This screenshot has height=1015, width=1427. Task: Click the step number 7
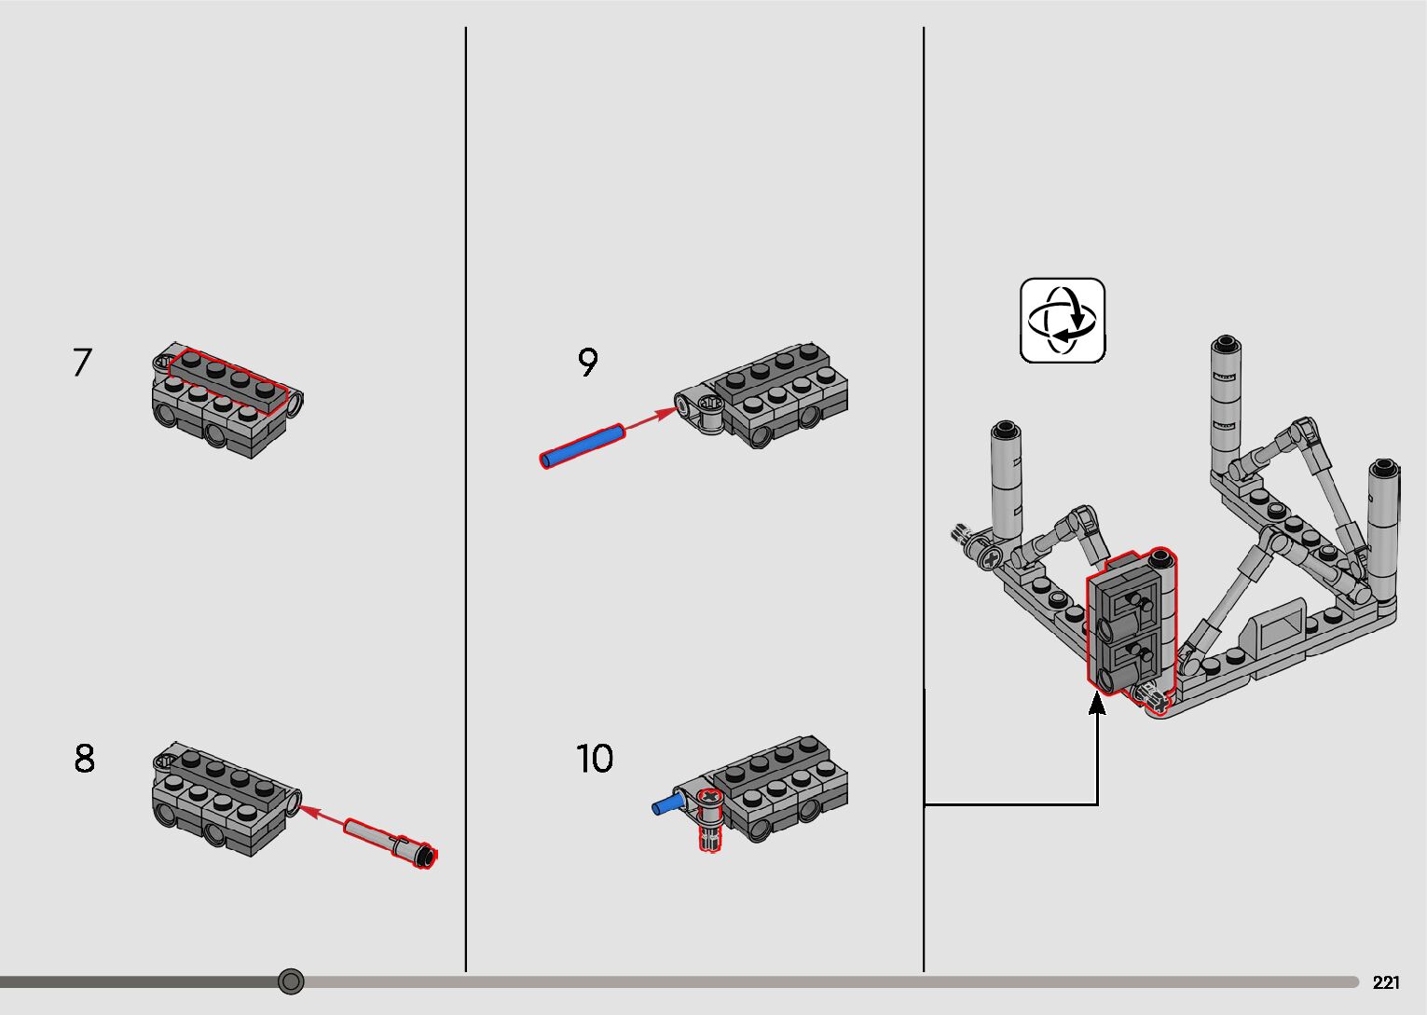pos(82,363)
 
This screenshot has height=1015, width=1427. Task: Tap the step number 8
pos(84,759)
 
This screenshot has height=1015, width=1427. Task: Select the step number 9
pos(587,363)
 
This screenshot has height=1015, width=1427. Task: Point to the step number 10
pos(595,759)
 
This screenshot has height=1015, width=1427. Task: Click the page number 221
pos(1386,982)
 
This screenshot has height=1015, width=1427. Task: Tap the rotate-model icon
pos(1063,320)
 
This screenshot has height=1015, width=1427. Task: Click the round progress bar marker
pos(291,981)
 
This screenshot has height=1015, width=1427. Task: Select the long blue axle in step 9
pos(583,446)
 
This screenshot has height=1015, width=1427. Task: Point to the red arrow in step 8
pos(322,815)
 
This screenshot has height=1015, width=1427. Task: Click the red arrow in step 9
pos(651,419)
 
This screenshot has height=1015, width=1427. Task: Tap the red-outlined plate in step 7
pos(227,380)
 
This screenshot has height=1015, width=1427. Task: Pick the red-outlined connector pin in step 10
pos(710,820)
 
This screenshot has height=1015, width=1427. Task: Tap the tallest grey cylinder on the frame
pos(1226,406)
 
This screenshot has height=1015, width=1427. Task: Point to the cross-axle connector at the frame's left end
pos(986,556)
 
